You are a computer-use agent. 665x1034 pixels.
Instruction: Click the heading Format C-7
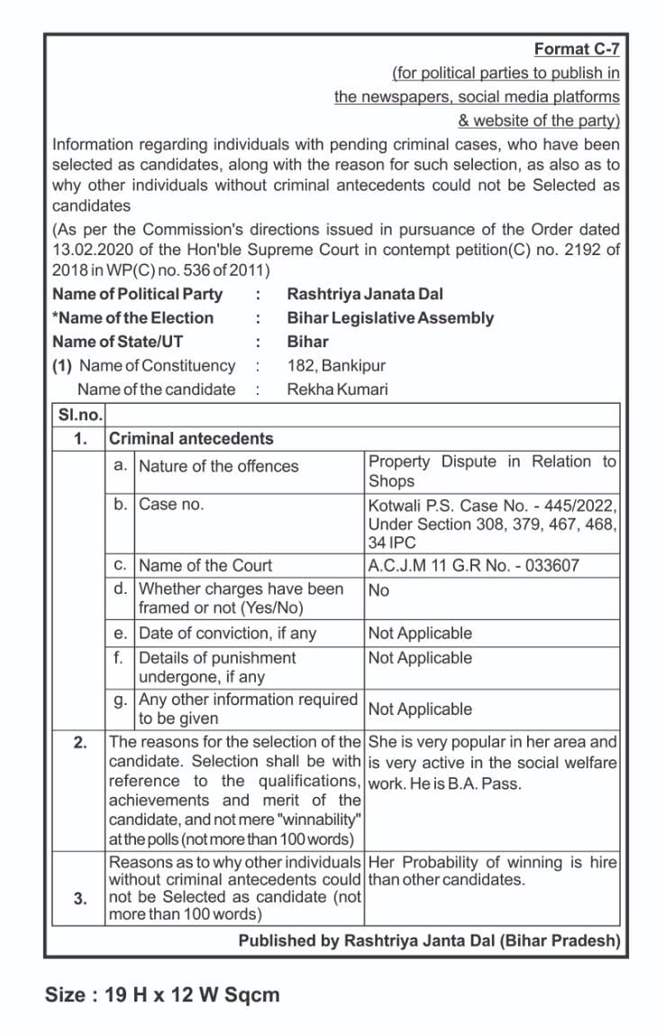point(577,50)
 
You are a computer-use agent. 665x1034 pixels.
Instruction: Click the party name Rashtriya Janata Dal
point(364,294)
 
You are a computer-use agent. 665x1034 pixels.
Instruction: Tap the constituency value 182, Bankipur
point(335,365)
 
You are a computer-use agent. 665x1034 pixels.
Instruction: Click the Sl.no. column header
point(78,416)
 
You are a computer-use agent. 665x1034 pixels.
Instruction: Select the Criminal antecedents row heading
point(190,439)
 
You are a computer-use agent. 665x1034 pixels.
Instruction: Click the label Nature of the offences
point(218,466)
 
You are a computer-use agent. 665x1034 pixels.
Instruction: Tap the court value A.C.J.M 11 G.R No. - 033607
point(473,565)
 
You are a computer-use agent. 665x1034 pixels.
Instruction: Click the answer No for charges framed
point(378,590)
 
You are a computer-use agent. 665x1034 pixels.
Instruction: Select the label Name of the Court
point(205,565)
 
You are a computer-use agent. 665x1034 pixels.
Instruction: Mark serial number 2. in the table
point(80,743)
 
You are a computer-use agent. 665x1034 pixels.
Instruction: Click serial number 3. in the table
point(80,897)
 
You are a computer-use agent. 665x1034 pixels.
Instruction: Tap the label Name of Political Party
point(137,294)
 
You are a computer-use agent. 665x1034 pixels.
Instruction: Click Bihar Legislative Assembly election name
point(390,318)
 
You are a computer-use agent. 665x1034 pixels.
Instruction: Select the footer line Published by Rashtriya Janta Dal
point(429,940)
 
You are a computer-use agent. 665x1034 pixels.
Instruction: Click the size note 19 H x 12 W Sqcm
point(162,995)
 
